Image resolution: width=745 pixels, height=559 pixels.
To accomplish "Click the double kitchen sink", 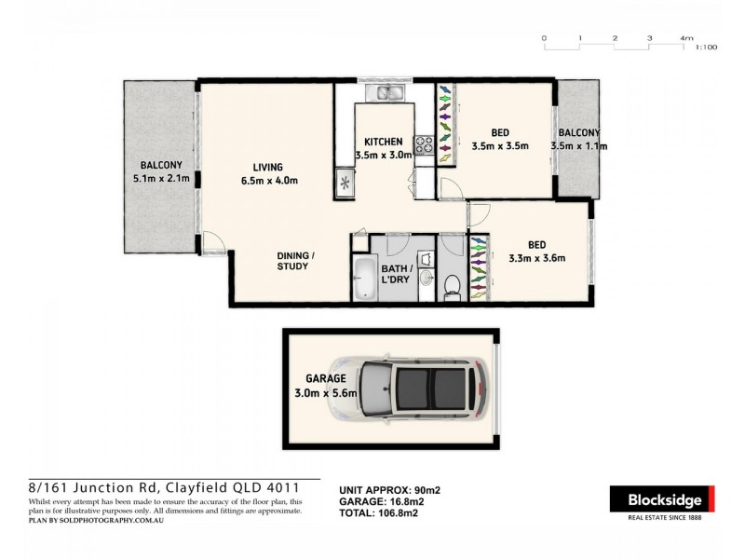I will [386, 92].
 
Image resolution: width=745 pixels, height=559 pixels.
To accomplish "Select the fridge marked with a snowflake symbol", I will [345, 183].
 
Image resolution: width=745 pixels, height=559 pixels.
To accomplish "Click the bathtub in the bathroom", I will [363, 279].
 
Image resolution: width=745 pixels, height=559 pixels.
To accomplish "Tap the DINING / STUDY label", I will [293, 261].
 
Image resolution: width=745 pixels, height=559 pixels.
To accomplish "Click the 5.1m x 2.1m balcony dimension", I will [161, 178].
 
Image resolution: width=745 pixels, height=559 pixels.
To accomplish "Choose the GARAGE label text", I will [326, 379].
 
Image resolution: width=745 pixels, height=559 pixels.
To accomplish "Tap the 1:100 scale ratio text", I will [706, 47].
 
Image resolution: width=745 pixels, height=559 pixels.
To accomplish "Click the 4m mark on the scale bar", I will [686, 38].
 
